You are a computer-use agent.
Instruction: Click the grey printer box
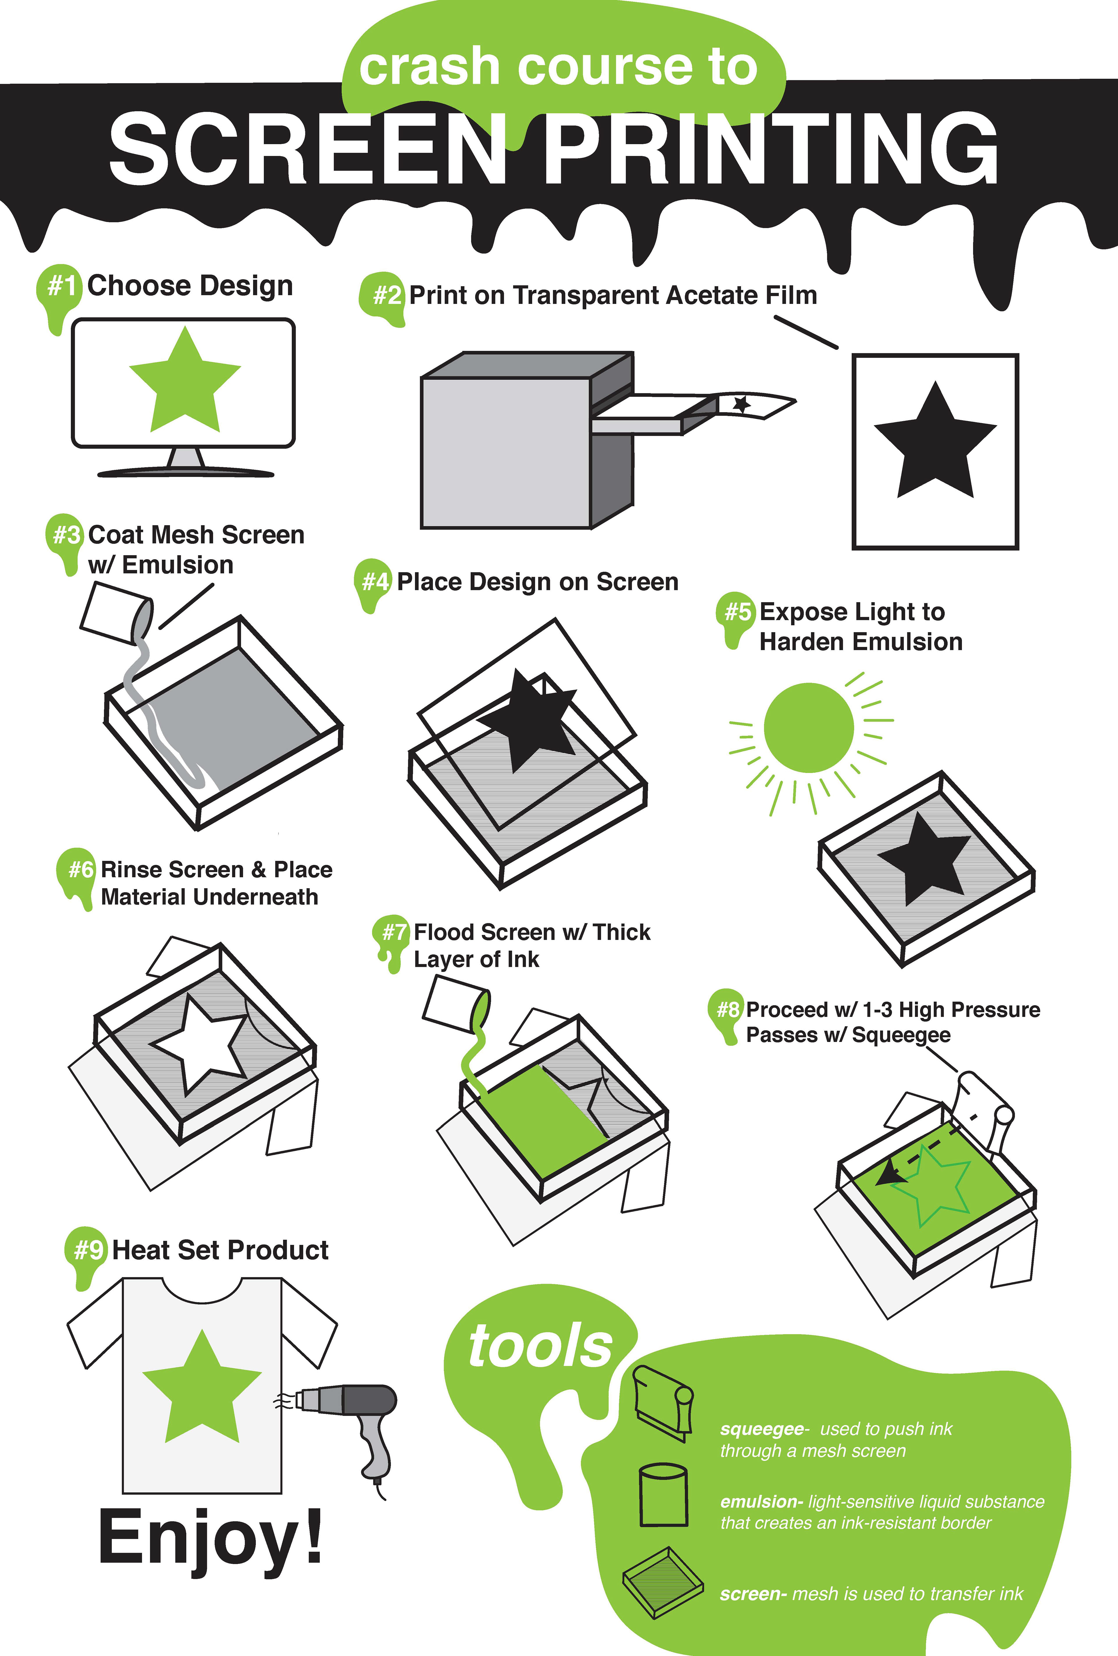coord(527,440)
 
